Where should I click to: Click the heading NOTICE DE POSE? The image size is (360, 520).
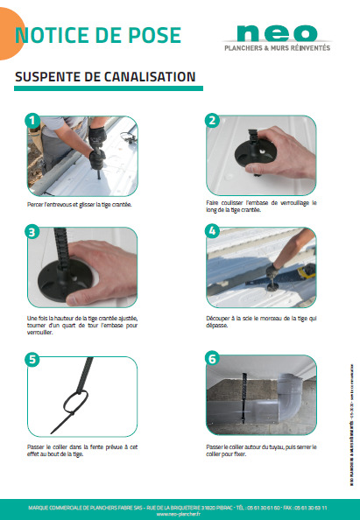click(x=98, y=35)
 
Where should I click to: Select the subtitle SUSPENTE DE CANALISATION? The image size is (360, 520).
click(x=105, y=77)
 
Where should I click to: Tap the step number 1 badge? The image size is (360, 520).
click(x=32, y=120)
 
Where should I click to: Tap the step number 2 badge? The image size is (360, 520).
click(x=210, y=120)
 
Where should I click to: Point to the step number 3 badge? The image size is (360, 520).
click(x=32, y=232)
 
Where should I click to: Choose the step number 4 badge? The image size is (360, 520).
click(x=210, y=232)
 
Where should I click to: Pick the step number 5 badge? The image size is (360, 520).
click(x=32, y=359)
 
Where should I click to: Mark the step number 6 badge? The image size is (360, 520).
click(x=210, y=359)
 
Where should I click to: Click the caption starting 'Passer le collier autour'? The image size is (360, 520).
click(x=260, y=448)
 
